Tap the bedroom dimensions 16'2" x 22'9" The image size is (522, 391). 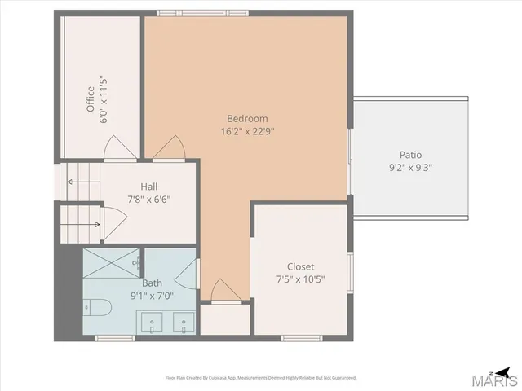[246, 131]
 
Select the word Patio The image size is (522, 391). [410, 155]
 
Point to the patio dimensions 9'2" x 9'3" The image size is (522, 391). [410, 168]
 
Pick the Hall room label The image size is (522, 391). [148, 186]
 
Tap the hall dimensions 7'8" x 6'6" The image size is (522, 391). [149, 199]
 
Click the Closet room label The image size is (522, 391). [300, 266]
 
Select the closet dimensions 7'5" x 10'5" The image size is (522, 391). [300, 279]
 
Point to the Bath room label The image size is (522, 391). [152, 283]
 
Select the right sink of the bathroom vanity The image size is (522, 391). [185, 323]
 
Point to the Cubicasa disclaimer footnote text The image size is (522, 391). [261, 377]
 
